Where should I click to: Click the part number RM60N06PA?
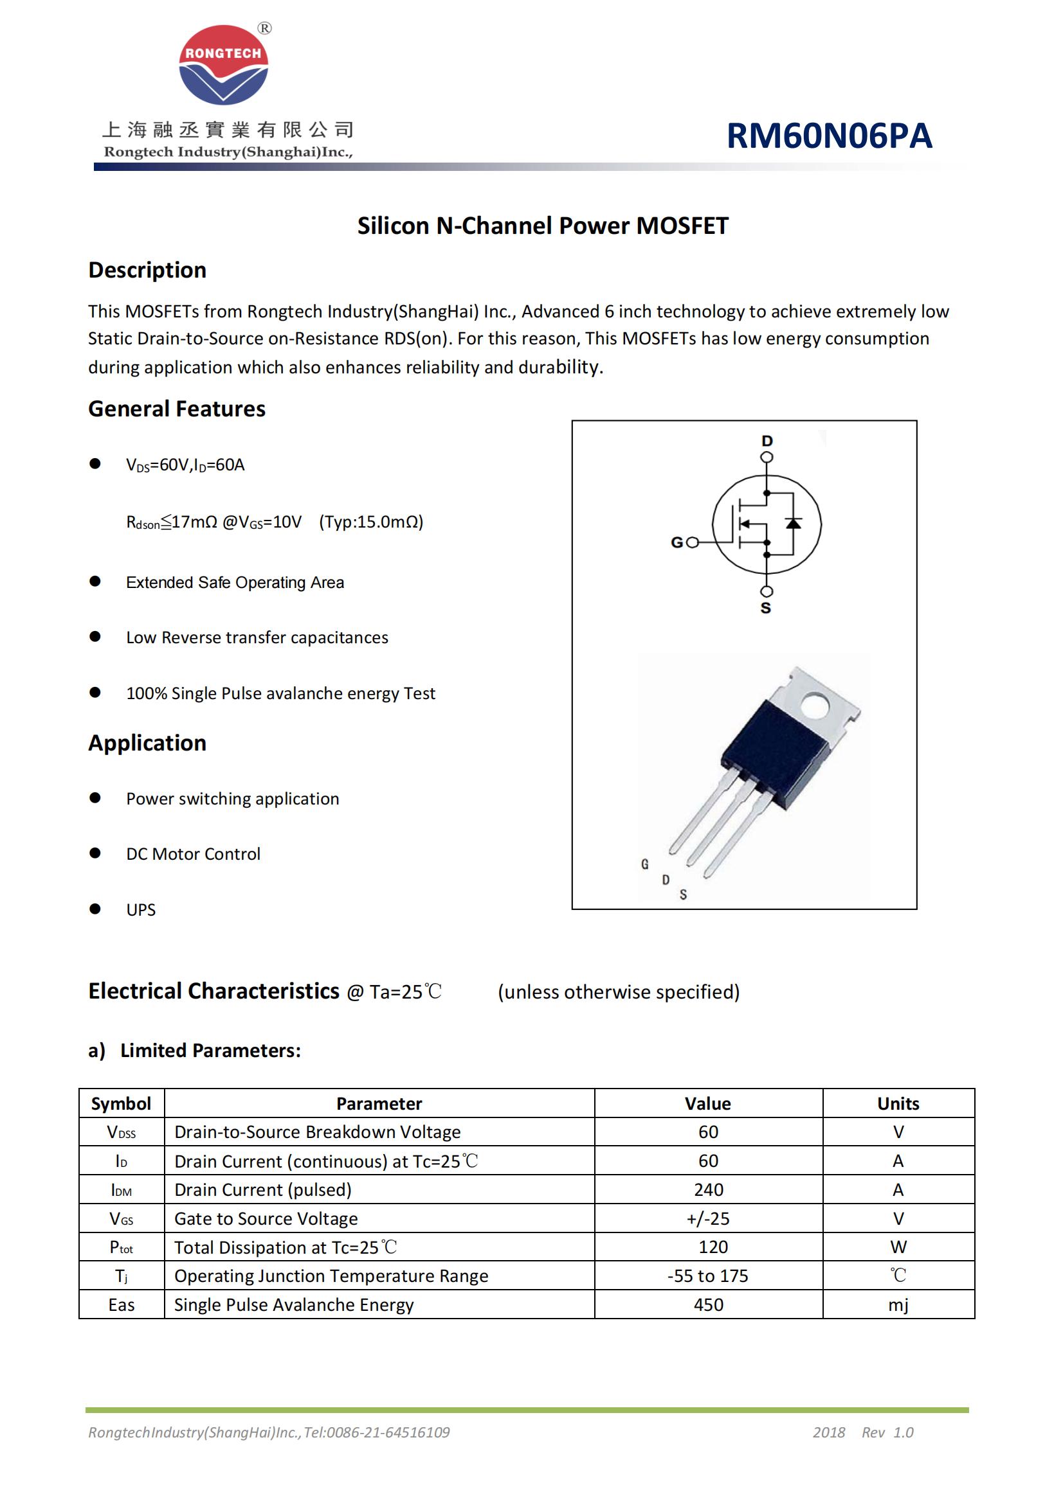(828, 136)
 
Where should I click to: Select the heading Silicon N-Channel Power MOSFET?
(542, 226)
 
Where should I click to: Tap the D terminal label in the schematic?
(767, 441)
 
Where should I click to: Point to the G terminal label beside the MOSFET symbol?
(677, 542)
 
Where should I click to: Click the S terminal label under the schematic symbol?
(766, 608)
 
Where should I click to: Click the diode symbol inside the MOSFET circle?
(793, 523)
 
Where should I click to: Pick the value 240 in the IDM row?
(708, 1189)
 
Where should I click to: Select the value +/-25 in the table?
(708, 1218)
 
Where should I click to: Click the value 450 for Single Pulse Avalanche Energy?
(708, 1304)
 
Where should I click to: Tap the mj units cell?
(898, 1304)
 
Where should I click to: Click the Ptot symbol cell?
(121, 1247)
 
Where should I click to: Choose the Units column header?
(898, 1104)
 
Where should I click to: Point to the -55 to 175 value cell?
(708, 1276)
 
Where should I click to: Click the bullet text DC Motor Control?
(193, 853)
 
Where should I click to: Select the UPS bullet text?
(141, 910)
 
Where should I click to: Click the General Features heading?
(177, 409)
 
